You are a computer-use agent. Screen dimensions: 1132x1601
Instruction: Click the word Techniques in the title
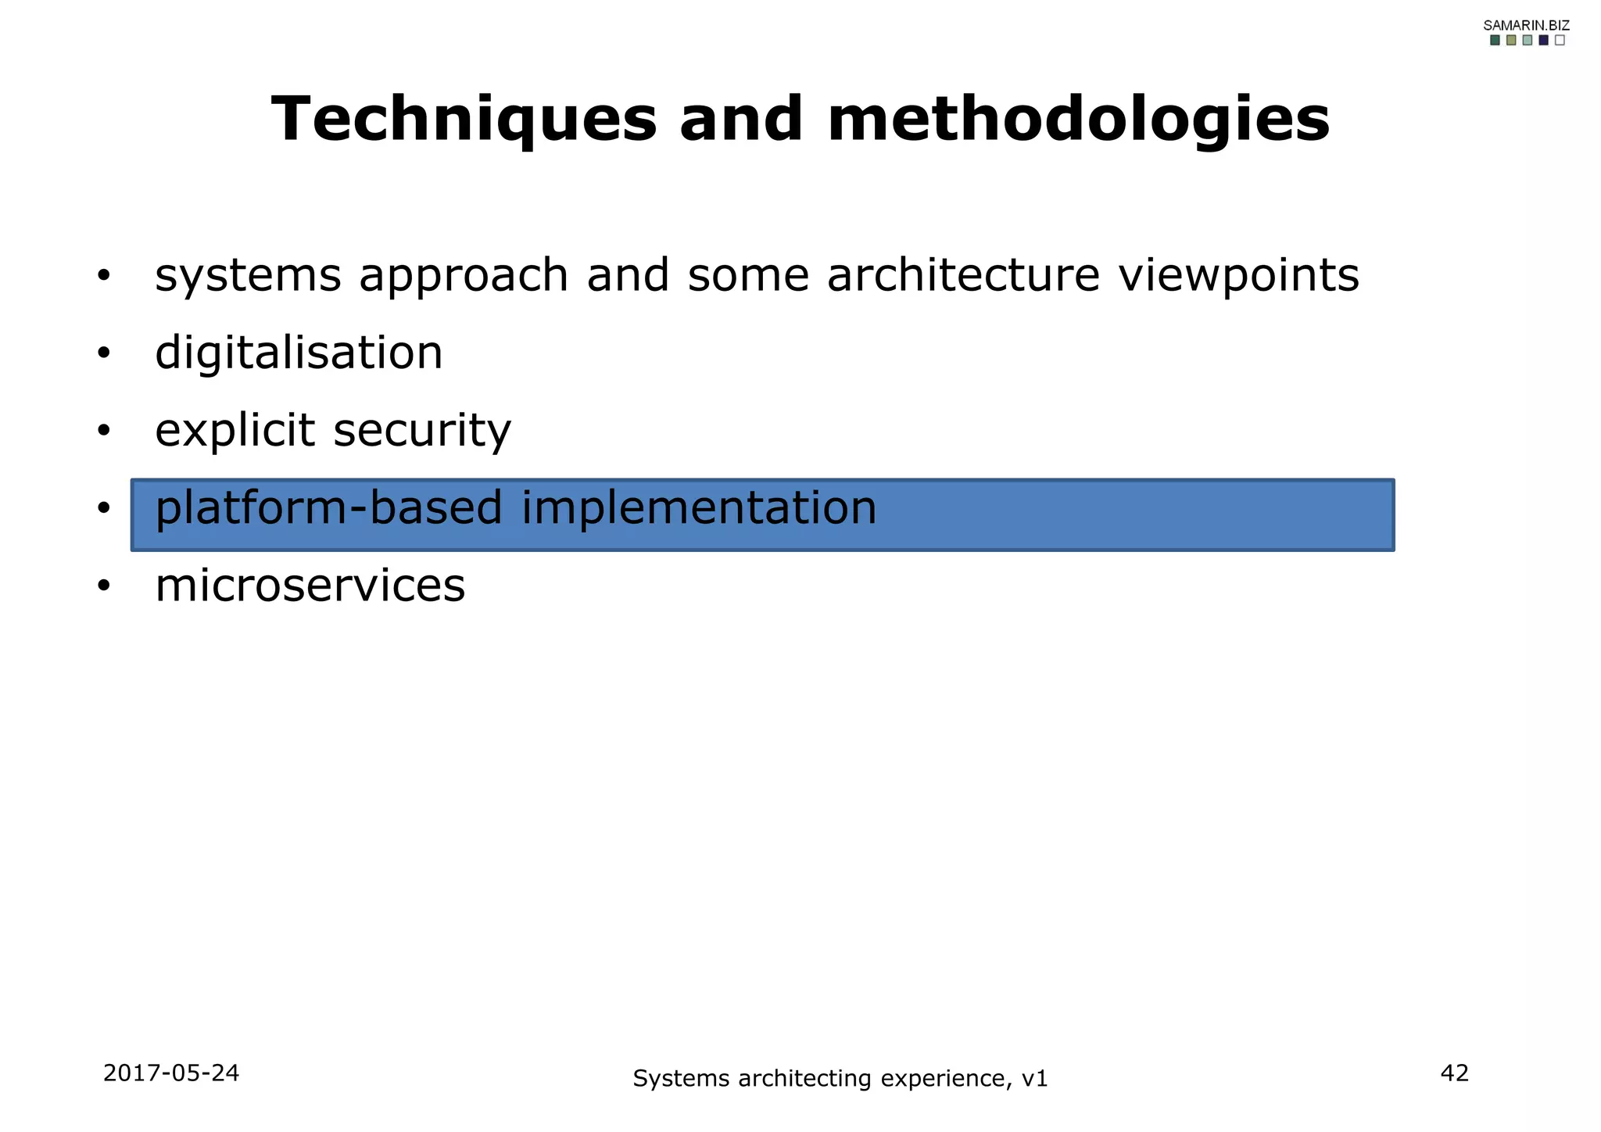coord(464,120)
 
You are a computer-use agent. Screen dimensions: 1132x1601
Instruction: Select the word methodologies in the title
coord(1078,120)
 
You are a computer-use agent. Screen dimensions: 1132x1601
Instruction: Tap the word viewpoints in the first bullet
coord(1238,276)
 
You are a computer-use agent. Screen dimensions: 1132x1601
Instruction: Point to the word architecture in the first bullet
coord(963,276)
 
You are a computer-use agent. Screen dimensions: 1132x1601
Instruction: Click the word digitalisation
coord(299,353)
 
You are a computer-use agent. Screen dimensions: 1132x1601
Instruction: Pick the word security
coord(422,431)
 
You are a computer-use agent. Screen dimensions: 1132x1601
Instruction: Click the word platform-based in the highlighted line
coord(328,508)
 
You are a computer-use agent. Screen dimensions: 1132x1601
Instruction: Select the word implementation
coord(699,508)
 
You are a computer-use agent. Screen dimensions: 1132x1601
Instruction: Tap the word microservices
coord(310,586)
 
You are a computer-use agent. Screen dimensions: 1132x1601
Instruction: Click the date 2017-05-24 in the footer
coord(171,1073)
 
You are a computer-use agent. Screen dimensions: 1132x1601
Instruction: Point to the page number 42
coord(1454,1073)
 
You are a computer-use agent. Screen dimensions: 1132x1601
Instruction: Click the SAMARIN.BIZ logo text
coord(1526,25)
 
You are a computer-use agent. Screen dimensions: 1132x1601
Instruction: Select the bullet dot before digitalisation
coord(104,354)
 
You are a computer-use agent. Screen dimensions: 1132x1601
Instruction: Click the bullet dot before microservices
coord(104,586)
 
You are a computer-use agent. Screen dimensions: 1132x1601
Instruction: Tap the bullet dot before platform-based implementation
coord(104,509)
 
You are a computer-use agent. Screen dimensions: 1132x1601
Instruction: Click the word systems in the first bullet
coord(248,276)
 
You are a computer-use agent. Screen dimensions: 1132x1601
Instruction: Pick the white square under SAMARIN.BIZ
coord(1560,41)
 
